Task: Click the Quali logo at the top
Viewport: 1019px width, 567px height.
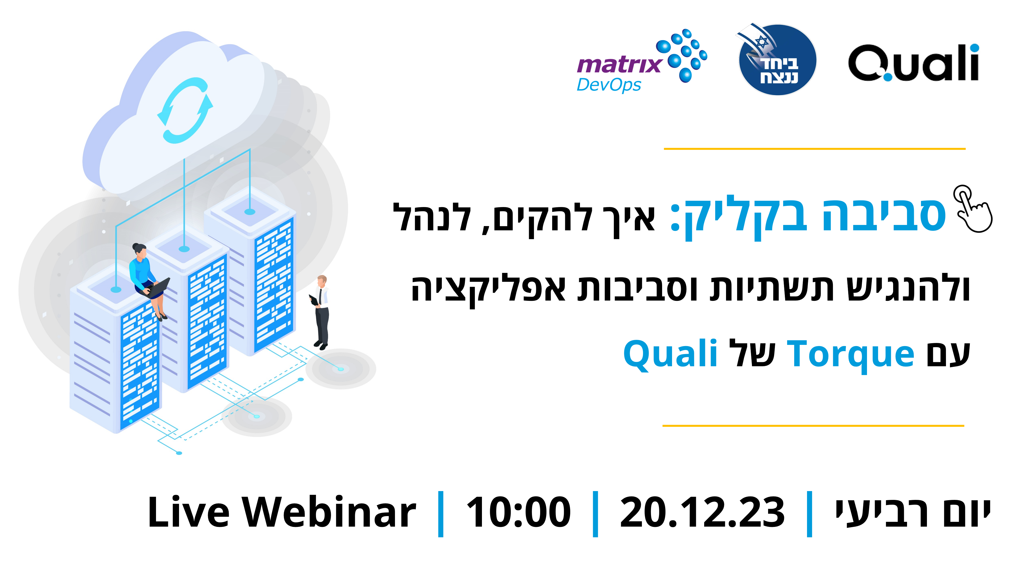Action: point(913,63)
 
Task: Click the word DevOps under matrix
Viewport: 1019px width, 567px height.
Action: point(608,85)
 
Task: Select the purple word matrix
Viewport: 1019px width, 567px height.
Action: point(619,65)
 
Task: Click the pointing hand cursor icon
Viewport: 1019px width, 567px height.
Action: point(972,209)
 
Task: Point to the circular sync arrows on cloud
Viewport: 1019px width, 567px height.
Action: point(185,110)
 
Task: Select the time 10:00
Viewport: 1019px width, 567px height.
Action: point(519,512)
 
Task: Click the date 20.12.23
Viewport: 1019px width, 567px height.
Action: point(702,512)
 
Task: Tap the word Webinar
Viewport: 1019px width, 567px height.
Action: point(329,512)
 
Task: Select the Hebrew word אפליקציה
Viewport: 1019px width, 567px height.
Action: point(488,290)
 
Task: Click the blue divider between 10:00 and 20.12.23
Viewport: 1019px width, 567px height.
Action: point(595,514)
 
